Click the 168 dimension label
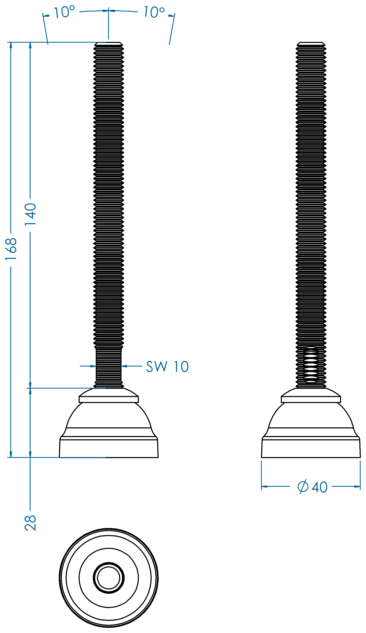[11, 249]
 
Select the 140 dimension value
[30, 214]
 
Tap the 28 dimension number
[30, 523]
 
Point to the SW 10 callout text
[167, 367]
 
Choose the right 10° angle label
[154, 12]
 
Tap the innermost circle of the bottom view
[109, 578]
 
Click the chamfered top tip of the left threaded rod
[109, 44]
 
